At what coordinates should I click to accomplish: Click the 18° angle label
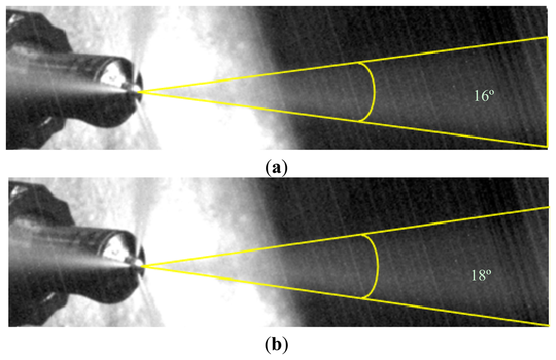[481, 275]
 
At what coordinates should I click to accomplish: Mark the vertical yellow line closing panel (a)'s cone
[547, 91]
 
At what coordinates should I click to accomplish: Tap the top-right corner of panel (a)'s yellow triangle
[547, 37]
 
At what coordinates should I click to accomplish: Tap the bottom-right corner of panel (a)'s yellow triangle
[547, 146]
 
